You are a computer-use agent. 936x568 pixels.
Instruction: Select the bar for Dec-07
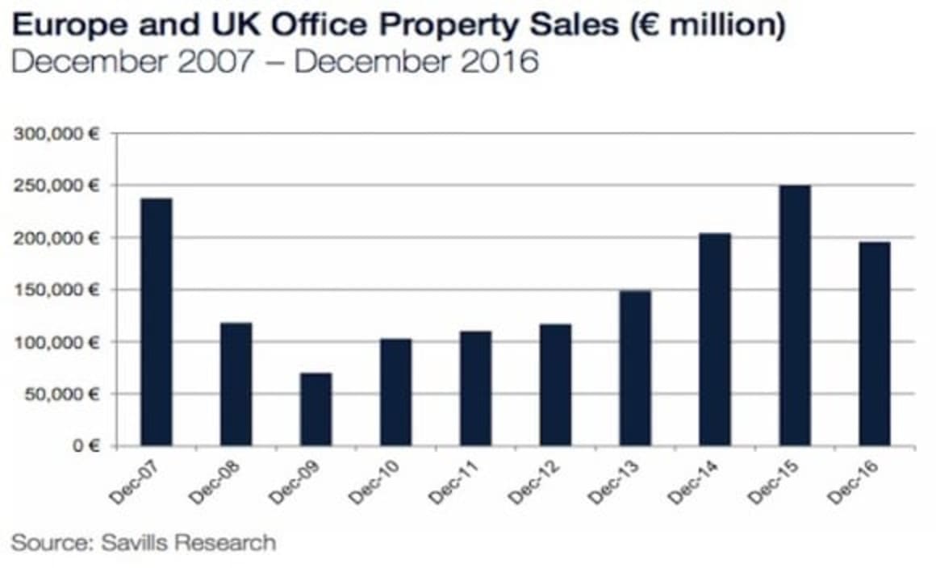(156, 322)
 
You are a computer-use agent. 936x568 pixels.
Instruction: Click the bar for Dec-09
(315, 409)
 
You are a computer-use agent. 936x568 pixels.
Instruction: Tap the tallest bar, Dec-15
(795, 316)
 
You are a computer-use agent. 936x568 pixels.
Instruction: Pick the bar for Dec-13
(635, 368)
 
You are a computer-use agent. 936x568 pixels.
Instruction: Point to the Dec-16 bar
(875, 344)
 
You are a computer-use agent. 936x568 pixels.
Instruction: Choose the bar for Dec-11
(475, 388)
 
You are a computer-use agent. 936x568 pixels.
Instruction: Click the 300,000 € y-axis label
(56, 134)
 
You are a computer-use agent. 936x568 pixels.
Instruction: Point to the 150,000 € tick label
(56, 290)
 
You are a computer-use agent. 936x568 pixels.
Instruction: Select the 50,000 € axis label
(60, 394)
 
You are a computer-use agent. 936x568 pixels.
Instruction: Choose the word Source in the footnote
(48, 541)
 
